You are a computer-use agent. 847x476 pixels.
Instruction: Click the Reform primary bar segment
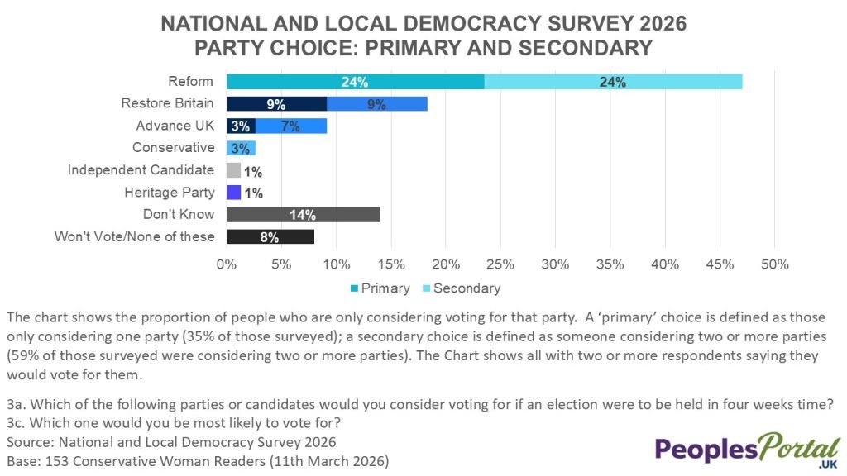(355, 82)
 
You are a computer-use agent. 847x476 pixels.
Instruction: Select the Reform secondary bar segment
(613, 82)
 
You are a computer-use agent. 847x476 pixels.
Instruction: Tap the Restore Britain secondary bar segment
(377, 104)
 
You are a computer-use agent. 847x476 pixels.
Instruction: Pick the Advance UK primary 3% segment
(241, 126)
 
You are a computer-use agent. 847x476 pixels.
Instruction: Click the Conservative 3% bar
(241, 148)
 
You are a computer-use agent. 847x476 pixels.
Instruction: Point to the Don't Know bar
(303, 215)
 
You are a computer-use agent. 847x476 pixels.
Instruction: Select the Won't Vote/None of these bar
(270, 237)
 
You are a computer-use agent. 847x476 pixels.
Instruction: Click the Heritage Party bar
(233, 193)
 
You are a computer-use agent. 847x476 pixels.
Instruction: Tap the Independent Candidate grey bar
(233, 170)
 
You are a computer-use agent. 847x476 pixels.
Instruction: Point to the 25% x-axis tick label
(500, 265)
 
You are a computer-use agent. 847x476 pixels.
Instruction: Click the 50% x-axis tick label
(774, 265)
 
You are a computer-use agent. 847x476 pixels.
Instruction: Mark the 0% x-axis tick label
(227, 265)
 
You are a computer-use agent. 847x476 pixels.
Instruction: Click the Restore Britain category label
(167, 104)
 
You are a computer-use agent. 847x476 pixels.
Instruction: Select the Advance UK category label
(175, 126)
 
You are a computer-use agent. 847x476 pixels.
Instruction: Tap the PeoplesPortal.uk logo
(747, 451)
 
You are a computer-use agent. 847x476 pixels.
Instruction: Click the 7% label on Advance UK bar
(290, 126)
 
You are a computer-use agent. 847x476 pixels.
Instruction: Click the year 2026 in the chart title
(658, 23)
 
